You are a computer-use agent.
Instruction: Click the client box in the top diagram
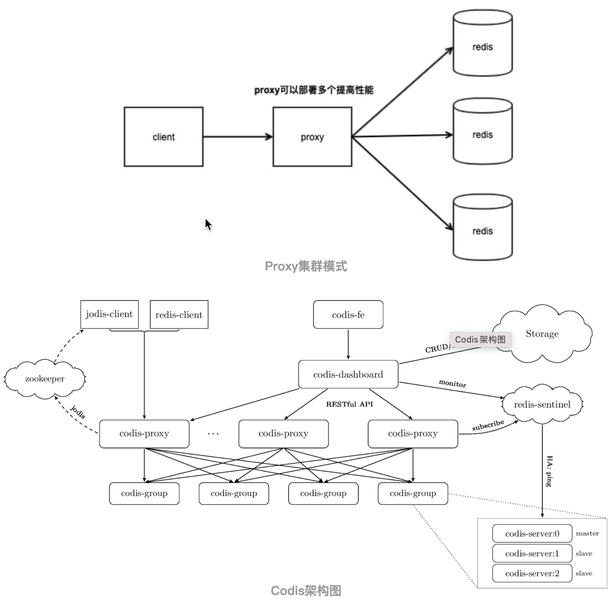(x=163, y=137)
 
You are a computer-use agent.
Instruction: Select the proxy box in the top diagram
(x=312, y=137)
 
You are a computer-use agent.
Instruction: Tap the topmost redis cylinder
(x=482, y=43)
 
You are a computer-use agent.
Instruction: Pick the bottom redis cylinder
(x=482, y=227)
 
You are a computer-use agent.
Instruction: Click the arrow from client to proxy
(x=237, y=137)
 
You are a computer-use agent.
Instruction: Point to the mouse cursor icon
(x=208, y=225)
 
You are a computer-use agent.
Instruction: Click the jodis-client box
(x=109, y=314)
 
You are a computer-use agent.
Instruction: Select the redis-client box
(x=179, y=315)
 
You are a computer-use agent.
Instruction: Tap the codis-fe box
(x=348, y=315)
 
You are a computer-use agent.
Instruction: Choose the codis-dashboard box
(x=348, y=374)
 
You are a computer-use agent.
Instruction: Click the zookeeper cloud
(x=45, y=379)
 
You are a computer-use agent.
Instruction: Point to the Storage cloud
(x=542, y=334)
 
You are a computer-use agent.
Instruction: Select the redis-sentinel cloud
(x=542, y=404)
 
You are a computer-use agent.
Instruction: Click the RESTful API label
(x=349, y=404)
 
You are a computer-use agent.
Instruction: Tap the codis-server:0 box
(x=532, y=533)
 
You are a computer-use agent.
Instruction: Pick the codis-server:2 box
(x=532, y=573)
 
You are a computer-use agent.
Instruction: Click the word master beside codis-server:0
(x=587, y=533)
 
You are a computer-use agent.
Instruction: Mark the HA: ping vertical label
(x=549, y=471)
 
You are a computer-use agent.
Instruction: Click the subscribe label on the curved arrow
(x=488, y=425)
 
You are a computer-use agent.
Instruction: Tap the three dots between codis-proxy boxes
(x=213, y=434)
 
